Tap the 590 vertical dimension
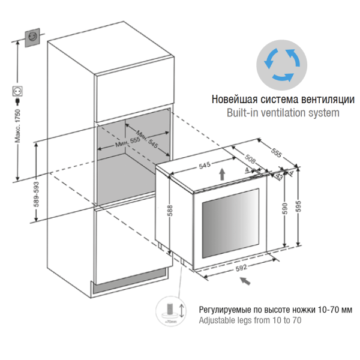[286, 208]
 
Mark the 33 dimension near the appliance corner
[279, 177]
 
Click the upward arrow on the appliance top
[223, 174]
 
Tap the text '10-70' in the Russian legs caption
[324, 310]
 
